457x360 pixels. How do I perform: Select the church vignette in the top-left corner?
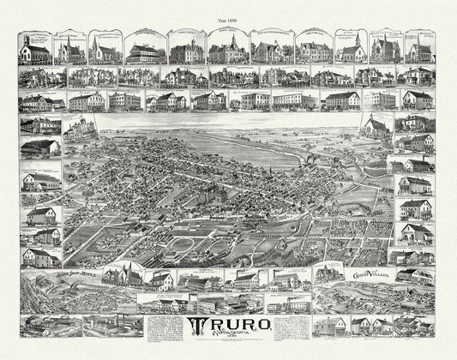tap(35, 50)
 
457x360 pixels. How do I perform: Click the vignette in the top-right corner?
tap(419, 50)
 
